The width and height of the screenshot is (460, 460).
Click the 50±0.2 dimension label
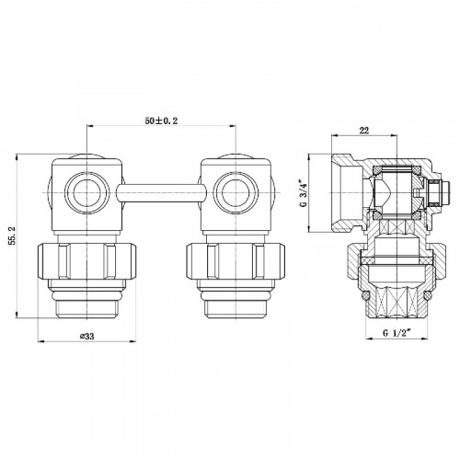tap(161, 121)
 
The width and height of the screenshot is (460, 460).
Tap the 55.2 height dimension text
tap(13, 236)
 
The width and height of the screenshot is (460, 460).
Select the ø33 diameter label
tap(86, 336)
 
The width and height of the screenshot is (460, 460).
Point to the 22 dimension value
tap(364, 131)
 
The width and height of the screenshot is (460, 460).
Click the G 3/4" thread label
tap(304, 194)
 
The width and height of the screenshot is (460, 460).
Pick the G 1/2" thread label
tap(397, 333)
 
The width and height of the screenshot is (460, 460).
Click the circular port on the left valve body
tap(87, 192)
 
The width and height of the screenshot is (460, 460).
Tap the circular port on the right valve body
tap(236, 192)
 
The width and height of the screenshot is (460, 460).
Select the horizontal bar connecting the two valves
tap(161, 193)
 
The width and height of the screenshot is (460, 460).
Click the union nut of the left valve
tap(86, 261)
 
